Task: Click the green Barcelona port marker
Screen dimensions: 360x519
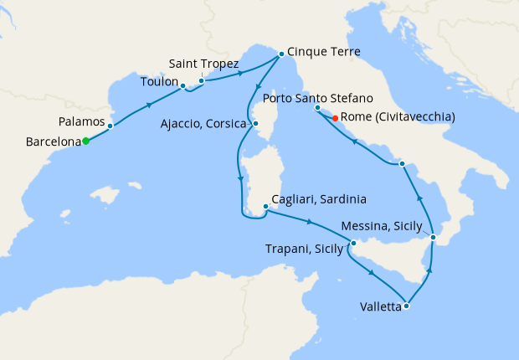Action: [x=85, y=141]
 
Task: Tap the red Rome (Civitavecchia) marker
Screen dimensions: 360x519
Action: [x=336, y=119]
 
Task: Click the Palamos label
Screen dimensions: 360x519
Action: [x=81, y=123]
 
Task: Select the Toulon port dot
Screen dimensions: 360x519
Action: [x=182, y=86]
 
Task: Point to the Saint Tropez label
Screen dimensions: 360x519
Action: [x=203, y=64]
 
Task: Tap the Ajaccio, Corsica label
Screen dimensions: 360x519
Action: [x=204, y=124]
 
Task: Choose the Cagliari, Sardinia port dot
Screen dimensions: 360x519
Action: [x=265, y=205]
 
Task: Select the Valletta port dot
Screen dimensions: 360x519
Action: [x=406, y=306]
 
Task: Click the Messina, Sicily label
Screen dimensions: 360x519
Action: [x=387, y=225]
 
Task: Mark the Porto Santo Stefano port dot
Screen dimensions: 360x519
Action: [x=317, y=108]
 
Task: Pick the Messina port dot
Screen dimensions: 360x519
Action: [x=433, y=239]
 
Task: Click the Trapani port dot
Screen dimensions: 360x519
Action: [x=352, y=243]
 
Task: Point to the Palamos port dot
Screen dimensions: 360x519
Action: [x=110, y=126]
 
